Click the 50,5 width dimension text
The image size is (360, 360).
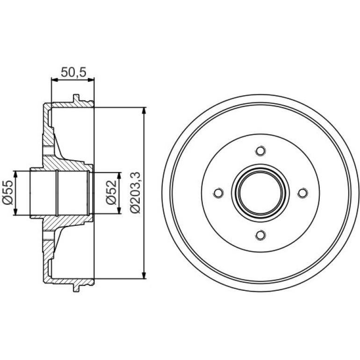(x=73, y=72)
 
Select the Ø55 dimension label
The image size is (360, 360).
(x=7, y=193)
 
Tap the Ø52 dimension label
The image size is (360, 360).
(x=111, y=193)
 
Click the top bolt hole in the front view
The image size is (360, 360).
(x=260, y=151)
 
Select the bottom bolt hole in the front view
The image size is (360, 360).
(x=260, y=235)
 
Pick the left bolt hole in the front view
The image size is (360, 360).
(x=219, y=193)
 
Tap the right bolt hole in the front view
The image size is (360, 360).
(x=302, y=193)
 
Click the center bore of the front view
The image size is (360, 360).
(x=260, y=193)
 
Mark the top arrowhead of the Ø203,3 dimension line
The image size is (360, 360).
(x=144, y=110)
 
